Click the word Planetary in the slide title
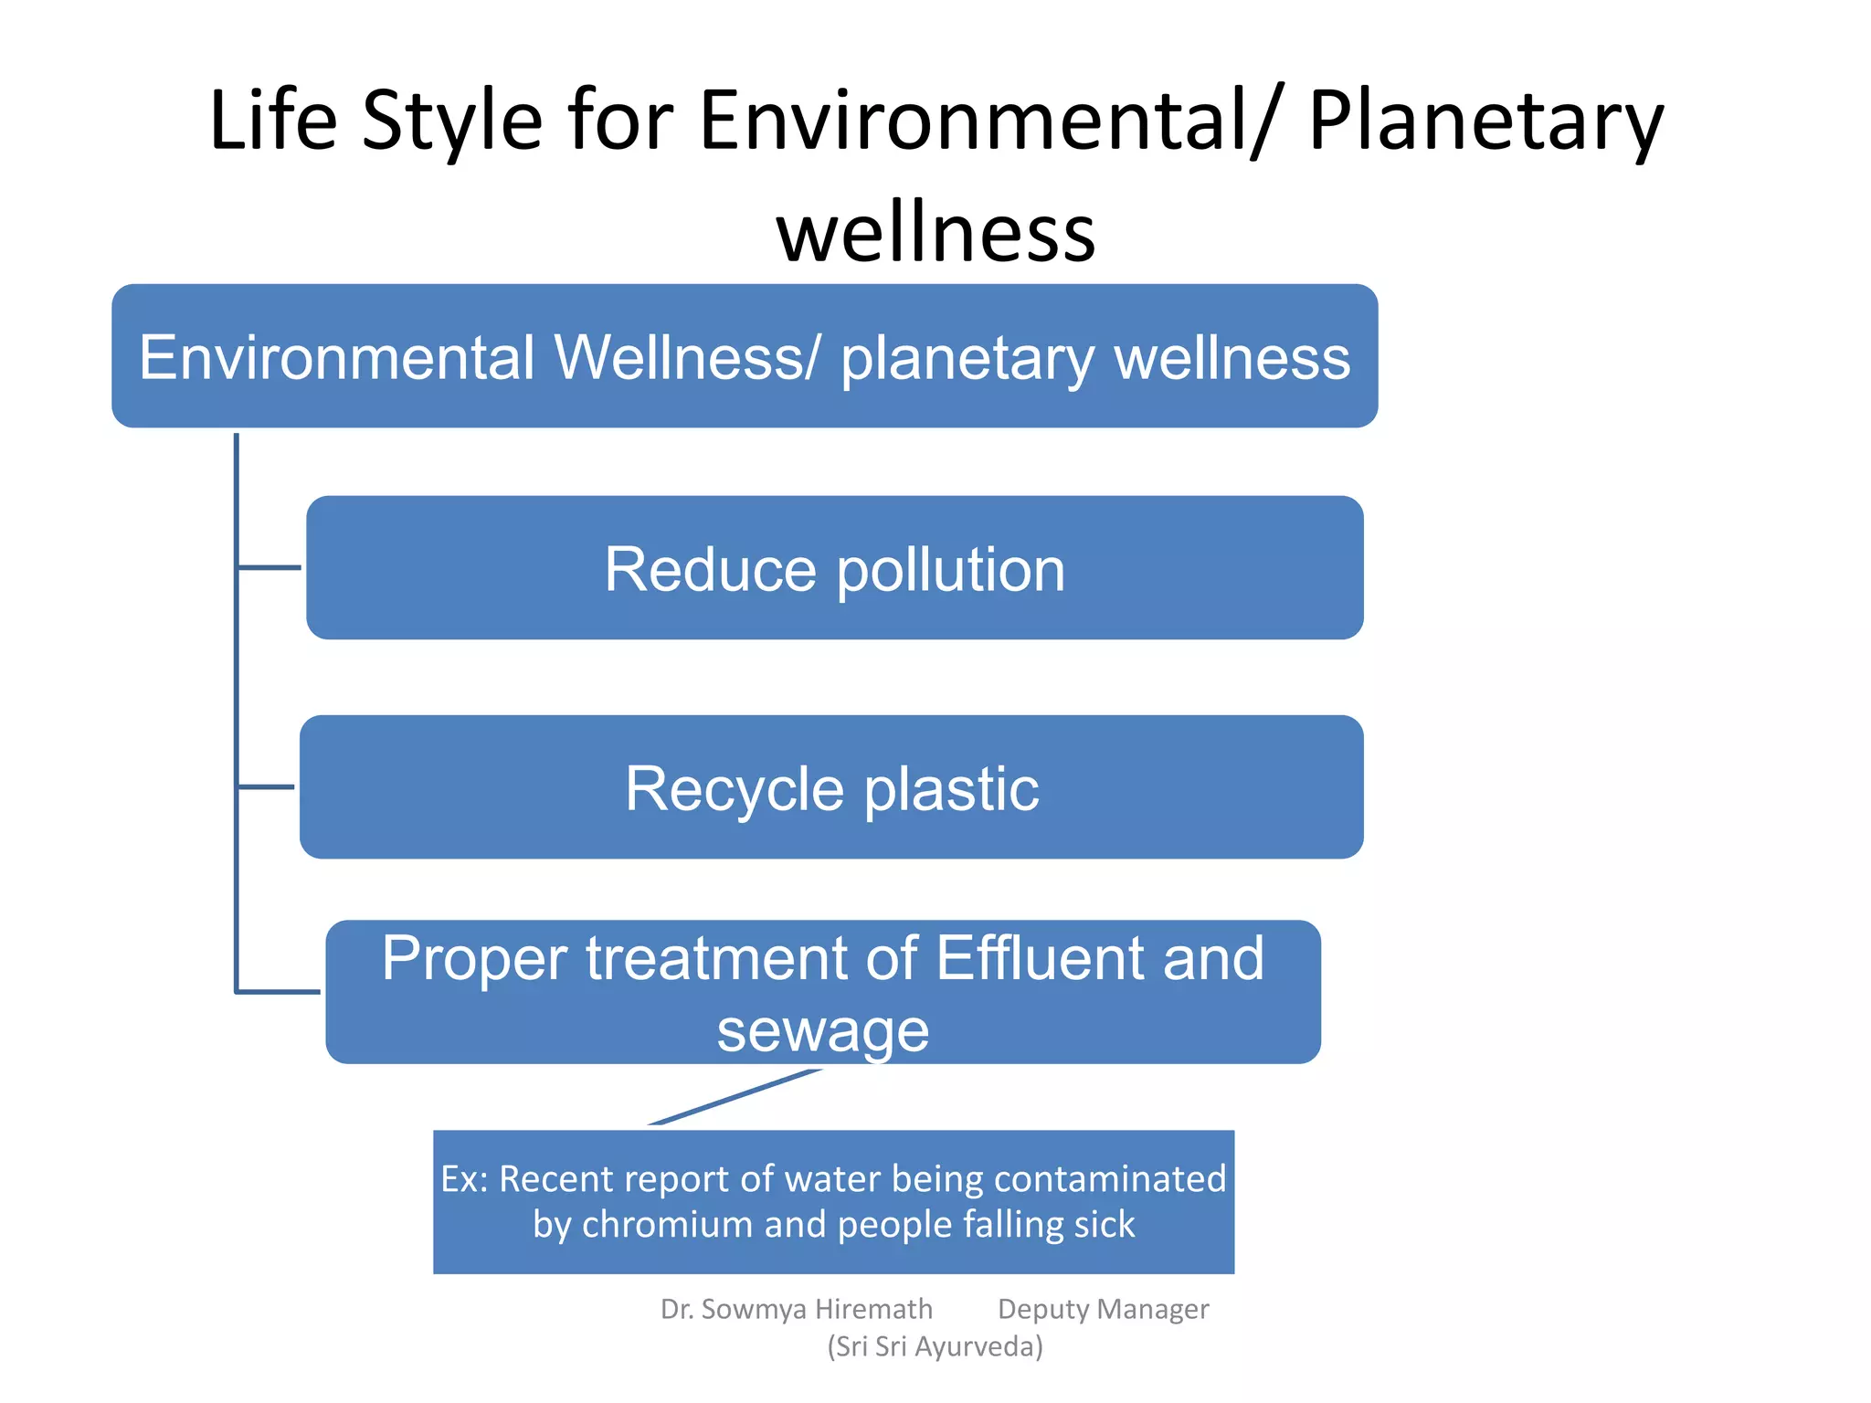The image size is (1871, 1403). tap(1485, 121)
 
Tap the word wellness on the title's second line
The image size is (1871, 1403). tap(935, 232)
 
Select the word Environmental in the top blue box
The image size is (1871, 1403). tap(337, 357)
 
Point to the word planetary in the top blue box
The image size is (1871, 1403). tap(967, 359)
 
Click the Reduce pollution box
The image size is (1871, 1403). tap(834, 567)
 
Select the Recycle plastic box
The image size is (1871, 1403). tap(831, 786)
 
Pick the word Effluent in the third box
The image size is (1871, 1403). tap(1039, 958)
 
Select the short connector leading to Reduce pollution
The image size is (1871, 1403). tap(269, 567)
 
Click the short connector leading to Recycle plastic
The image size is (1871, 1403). tap(266, 786)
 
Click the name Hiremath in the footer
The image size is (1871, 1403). tap(872, 1310)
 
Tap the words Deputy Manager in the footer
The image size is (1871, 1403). tap(1103, 1310)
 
